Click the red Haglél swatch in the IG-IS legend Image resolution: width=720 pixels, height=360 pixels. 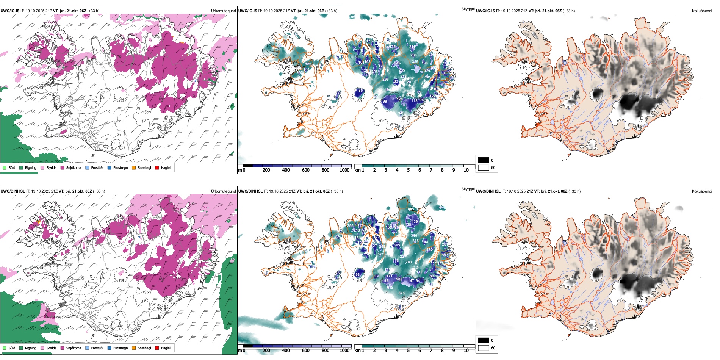pyautogui.click(x=157, y=167)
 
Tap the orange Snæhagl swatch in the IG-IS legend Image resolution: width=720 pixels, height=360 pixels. pyautogui.click(x=134, y=167)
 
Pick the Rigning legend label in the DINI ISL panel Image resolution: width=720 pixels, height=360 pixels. pyautogui.click(x=31, y=348)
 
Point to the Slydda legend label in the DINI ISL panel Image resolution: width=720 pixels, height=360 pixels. pyautogui.click(x=52, y=348)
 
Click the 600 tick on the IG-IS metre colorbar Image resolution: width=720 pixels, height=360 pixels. pyautogui.click(x=306, y=170)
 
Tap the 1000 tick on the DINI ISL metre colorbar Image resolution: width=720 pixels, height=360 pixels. pyautogui.click(x=344, y=351)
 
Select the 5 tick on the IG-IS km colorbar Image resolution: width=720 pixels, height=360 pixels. pyautogui.click(x=409, y=170)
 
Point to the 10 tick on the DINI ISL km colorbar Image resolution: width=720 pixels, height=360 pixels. pyautogui.click(x=466, y=351)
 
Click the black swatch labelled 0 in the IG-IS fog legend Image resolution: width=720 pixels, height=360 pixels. pyautogui.click(x=484, y=160)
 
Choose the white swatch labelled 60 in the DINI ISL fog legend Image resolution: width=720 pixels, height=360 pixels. pyautogui.click(x=484, y=348)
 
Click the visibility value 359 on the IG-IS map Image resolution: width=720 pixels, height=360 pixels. pyautogui.click(x=415, y=62)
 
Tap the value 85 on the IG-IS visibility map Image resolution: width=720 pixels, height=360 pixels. pyautogui.click(x=360, y=90)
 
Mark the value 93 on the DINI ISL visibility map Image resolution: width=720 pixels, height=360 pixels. pyautogui.click(x=357, y=275)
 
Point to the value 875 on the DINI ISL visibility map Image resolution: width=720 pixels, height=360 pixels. pyautogui.click(x=401, y=293)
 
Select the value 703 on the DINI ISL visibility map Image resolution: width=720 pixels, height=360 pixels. pyautogui.click(x=409, y=262)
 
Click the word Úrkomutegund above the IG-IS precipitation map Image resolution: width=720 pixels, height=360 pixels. pyautogui.click(x=223, y=11)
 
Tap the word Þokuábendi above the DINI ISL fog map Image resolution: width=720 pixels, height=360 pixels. pyautogui.click(x=702, y=191)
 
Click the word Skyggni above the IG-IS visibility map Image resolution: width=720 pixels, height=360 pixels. pyautogui.click(x=468, y=9)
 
